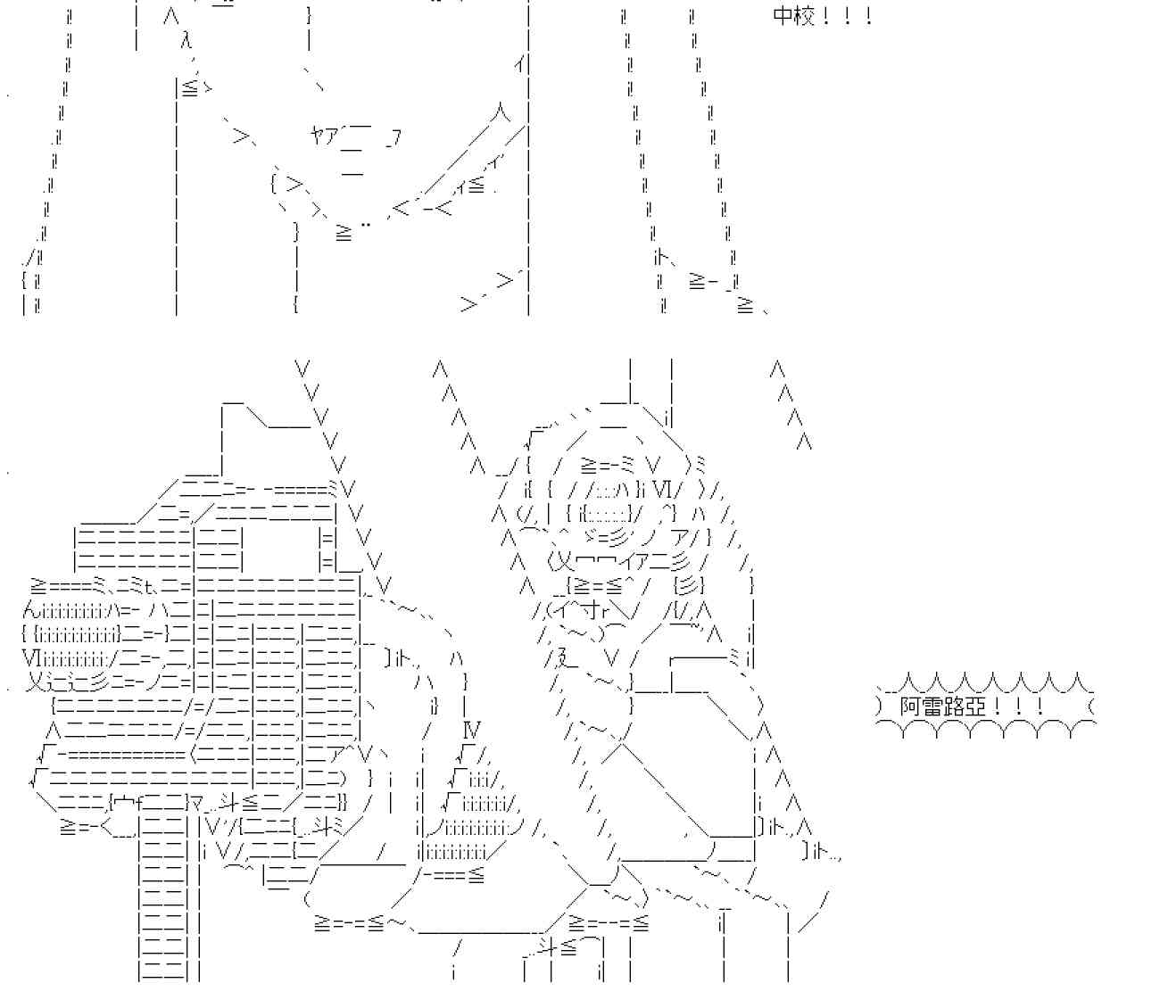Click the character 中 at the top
(x=783, y=16)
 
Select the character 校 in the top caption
(x=804, y=16)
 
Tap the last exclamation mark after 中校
(x=868, y=16)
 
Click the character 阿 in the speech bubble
(x=910, y=707)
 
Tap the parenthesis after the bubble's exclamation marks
(x=1093, y=707)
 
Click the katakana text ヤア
(x=324, y=136)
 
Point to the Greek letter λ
(x=185, y=40)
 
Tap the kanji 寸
(x=590, y=611)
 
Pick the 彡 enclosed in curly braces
(x=690, y=585)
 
